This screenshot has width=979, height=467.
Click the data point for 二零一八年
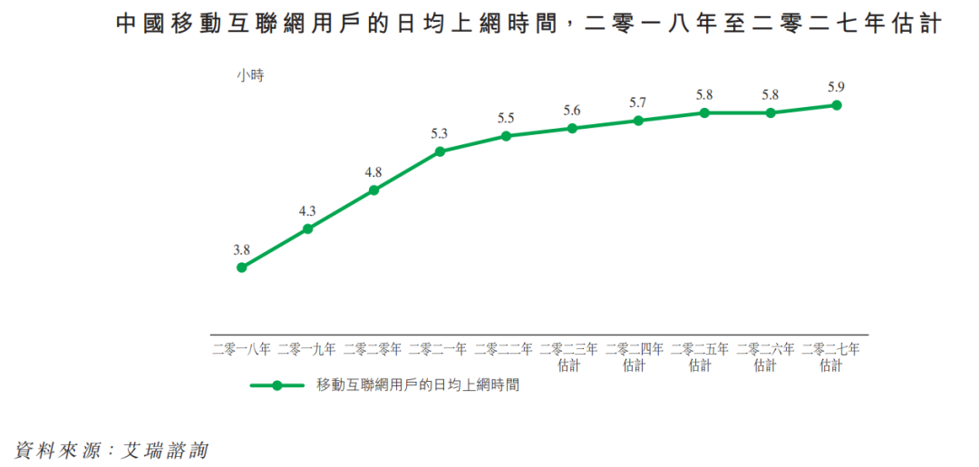click(242, 268)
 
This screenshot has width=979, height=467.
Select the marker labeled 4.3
click(307, 229)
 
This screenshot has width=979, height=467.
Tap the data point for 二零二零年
click(373, 190)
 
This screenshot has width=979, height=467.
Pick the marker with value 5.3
click(440, 151)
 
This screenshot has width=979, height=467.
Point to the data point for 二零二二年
click(506, 136)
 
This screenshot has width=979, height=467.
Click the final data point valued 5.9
click(837, 105)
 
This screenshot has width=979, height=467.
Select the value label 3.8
click(241, 249)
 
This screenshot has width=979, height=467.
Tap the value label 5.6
click(572, 111)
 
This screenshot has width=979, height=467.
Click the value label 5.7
click(638, 102)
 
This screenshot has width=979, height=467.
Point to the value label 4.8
click(373, 172)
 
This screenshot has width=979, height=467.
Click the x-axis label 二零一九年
click(307, 348)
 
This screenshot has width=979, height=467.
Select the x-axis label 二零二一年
click(439, 348)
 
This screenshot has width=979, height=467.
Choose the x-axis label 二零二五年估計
click(701, 356)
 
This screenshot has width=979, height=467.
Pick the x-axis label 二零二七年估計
click(831, 356)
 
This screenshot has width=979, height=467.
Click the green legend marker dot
click(276, 385)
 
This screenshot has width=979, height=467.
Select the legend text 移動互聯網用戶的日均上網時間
click(418, 385)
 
